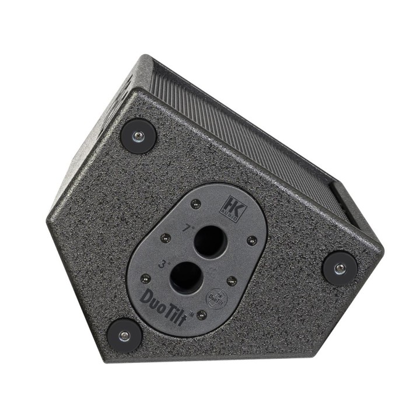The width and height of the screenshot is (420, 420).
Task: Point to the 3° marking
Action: pyautogui.click(x=162, y=264)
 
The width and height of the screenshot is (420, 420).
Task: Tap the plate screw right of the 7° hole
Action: pyautogui.click(x=252, y=239)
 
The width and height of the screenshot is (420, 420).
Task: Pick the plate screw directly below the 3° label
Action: pyautogui.click(x=142, y=278)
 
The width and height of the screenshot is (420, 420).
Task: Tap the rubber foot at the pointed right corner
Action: pyautogui.click(x=339, y=268)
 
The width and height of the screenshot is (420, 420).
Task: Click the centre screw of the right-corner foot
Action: pyautogui.click(x=339, y=268)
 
